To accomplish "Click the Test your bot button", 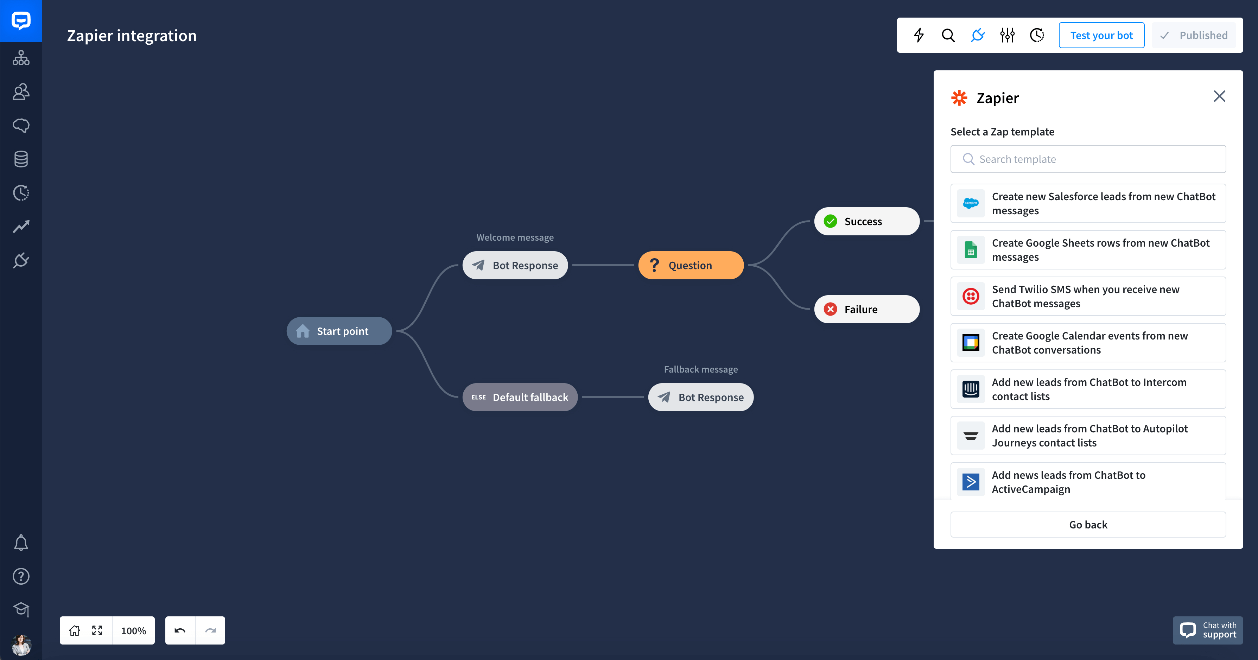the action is coord(1101,35).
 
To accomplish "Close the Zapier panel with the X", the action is coord(1219,96).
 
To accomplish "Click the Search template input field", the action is coord(1088,159).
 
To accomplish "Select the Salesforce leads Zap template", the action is coord(1088,203).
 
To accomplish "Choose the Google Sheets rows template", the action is coord(1088,250).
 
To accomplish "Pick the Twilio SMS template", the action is coord(1088,296).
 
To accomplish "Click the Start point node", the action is coord(339,331).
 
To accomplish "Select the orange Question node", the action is coord(691,265).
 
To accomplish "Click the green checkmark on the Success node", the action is coord(830,221).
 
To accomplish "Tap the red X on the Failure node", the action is coord(830,309).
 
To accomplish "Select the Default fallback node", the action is coord(520,397).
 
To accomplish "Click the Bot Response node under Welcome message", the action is coord(515,265).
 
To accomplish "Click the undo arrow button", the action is coord(180,630).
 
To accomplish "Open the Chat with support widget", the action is coord(1208,630).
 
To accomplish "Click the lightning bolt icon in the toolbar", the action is coord(919,35).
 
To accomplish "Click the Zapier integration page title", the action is coord(132,36).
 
